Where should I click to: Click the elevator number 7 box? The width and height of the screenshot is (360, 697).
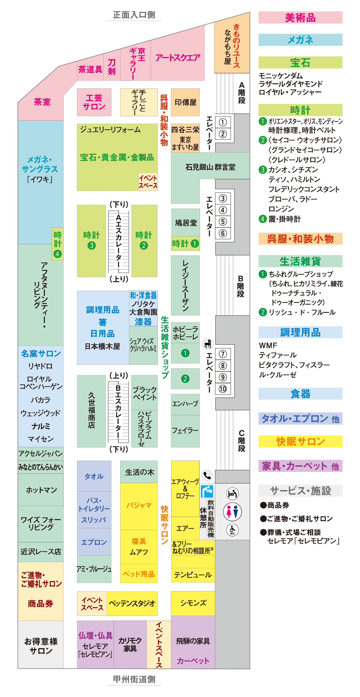coord(223,354)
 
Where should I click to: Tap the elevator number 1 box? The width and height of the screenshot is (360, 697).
coord(223,122)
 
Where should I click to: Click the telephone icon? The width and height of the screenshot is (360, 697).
coord(207,476)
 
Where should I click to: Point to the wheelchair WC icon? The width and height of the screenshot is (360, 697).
coord(232,530)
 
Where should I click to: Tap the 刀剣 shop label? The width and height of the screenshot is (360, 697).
coord(112,67)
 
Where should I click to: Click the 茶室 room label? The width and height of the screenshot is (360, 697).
coord(42,102)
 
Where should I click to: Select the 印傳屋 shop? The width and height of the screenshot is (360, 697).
coord(185,102)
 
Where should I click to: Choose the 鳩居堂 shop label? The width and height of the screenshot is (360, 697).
coord(186,223)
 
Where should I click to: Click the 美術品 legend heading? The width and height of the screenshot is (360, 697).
coord(300,18)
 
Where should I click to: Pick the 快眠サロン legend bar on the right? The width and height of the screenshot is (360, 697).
coord(300,441)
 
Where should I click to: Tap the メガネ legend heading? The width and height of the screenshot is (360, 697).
coord(300,40)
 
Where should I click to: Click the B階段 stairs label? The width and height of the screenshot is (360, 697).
coord(240,286)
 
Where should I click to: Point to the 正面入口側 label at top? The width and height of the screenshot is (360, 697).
coord(134,15)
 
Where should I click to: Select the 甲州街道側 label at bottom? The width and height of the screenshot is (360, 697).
coord(134,679)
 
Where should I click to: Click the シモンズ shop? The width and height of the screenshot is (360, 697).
coord(193,603)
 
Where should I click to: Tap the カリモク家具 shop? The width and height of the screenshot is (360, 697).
coord(130,644)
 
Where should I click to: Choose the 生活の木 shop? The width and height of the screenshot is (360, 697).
coord(139,472)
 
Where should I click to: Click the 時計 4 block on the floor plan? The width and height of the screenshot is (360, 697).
coord(58,244)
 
